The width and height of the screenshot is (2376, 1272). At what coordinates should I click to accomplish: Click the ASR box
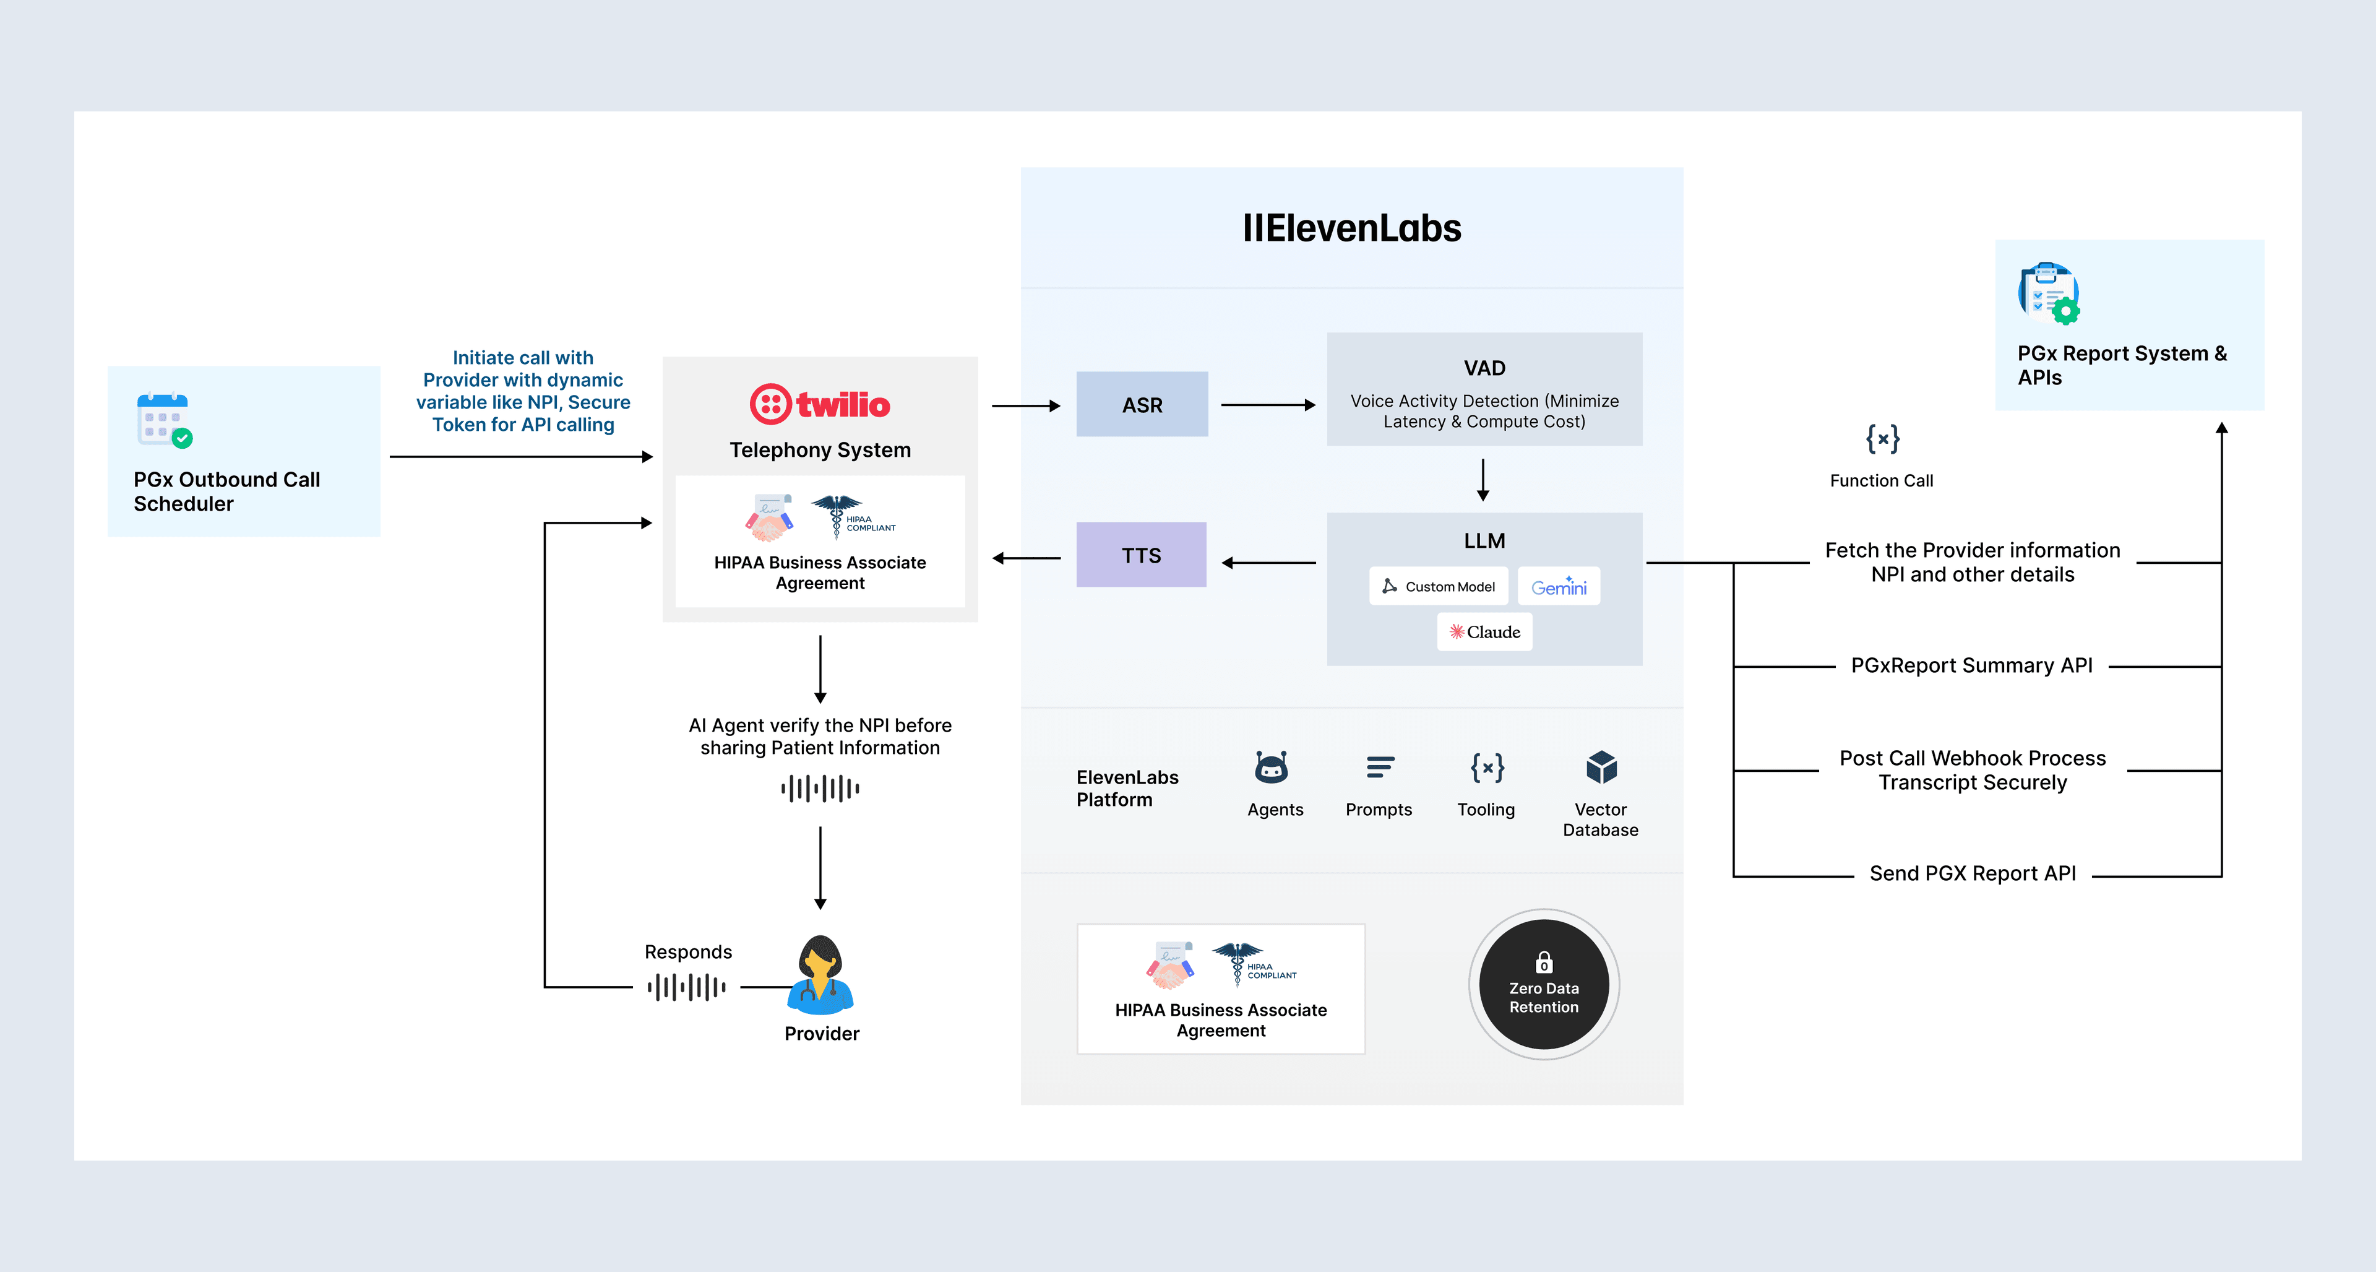1142,405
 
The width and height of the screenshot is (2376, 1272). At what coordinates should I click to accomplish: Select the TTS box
1141,555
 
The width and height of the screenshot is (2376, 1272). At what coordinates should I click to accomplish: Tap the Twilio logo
819,404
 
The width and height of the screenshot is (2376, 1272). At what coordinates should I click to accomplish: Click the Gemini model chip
1559,587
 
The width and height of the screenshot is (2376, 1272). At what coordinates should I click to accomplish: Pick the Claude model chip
1484,632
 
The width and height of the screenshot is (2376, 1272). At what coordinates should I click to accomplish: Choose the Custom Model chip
1438,587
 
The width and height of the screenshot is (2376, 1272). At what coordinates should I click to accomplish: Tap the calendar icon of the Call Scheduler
164,420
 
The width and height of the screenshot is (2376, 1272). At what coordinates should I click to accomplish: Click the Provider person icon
820,976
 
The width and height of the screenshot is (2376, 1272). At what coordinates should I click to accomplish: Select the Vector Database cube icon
1601,768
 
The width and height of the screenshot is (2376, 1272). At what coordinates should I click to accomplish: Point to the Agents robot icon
1271,768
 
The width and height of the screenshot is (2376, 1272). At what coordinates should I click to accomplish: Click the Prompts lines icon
1380,768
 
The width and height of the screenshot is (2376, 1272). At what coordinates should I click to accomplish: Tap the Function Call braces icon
1882,439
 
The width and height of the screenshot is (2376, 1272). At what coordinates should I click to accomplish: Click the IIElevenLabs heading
1351,228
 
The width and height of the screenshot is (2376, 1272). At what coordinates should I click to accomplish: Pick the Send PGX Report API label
1972,873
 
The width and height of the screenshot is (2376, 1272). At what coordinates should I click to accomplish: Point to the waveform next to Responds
686,987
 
